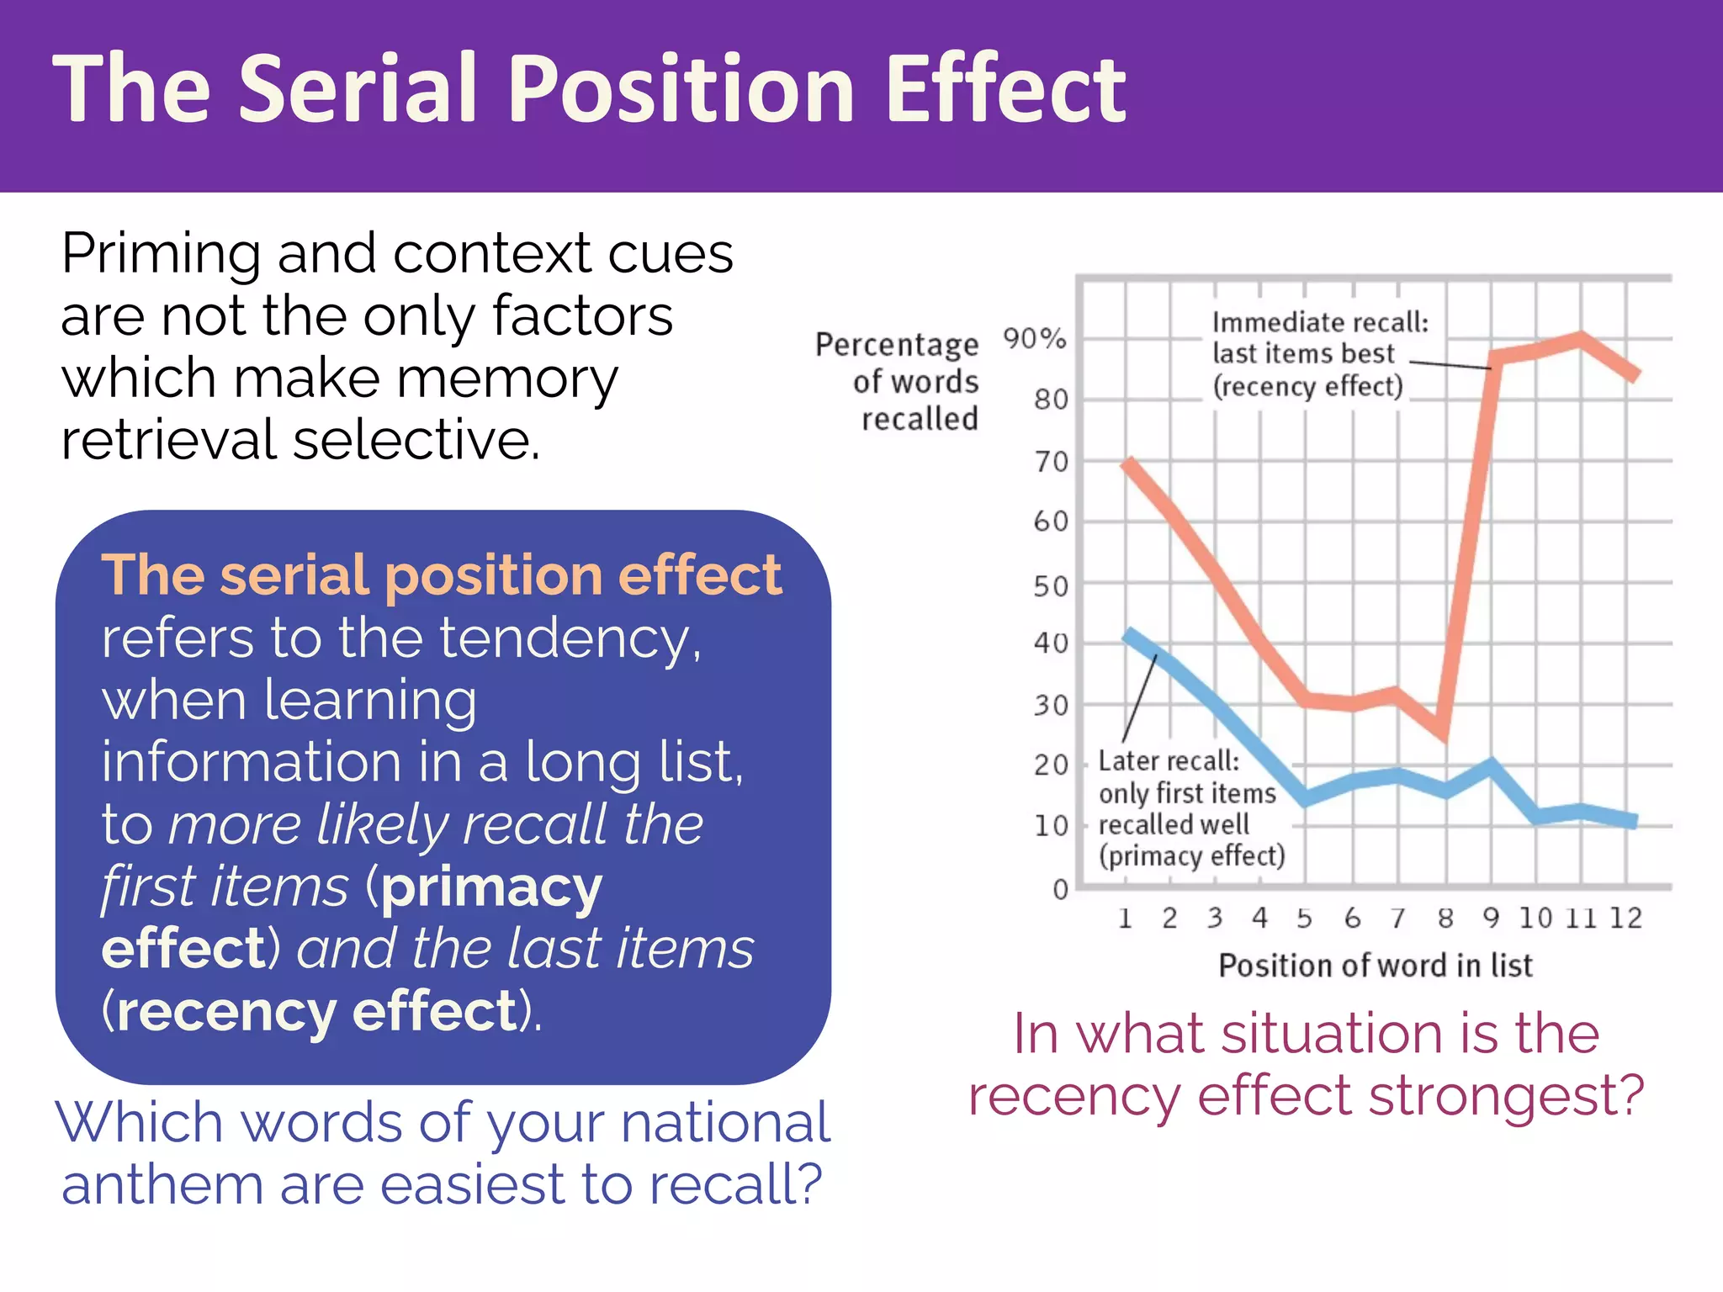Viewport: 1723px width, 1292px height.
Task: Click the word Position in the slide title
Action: [x=681, y=89]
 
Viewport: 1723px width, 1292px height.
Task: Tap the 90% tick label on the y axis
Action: [x=1035, y=339]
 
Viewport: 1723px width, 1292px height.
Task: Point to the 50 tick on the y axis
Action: [x=1051, y=585]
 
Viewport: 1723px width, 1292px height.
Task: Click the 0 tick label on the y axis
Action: [x=1060, y=889]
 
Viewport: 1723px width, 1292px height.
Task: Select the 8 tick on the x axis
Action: [x=1445, y=918]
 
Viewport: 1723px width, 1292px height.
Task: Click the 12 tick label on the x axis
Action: [x=1625, y=918]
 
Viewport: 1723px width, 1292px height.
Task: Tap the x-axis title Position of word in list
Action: [x=1376, y=965]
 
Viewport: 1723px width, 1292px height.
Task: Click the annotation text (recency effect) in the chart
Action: [x=1307, y=386]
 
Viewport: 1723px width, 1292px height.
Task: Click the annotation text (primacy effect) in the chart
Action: [x=1191, y=855]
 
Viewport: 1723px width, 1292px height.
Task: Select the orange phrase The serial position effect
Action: [x=442, y=575]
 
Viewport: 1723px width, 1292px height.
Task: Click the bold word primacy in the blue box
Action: [x=491, y=887]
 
